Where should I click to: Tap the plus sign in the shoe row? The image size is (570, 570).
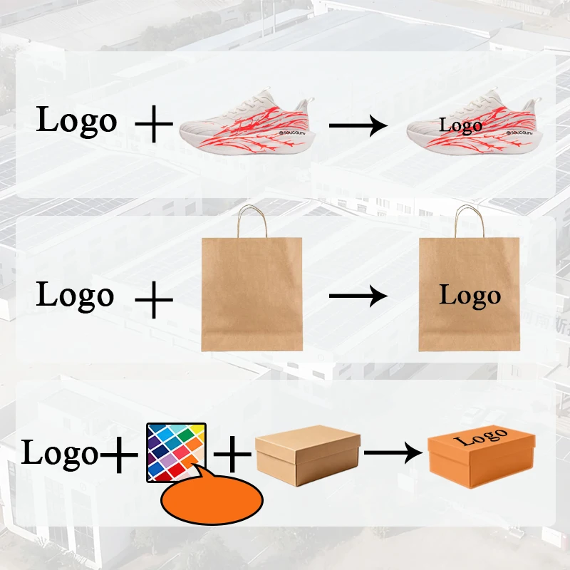tap(154, 125)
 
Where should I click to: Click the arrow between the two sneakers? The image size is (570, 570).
tap(358, 125)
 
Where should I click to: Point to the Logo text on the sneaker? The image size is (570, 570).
tap(460, 126)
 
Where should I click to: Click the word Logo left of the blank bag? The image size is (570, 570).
tap(75, 295)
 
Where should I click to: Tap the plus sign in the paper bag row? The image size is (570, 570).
tap(154, 300)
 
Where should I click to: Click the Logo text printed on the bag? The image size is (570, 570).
tap(470, 295)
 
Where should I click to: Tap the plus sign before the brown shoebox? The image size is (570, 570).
tap(234, 455)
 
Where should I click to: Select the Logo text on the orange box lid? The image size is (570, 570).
tap(481, 437)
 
